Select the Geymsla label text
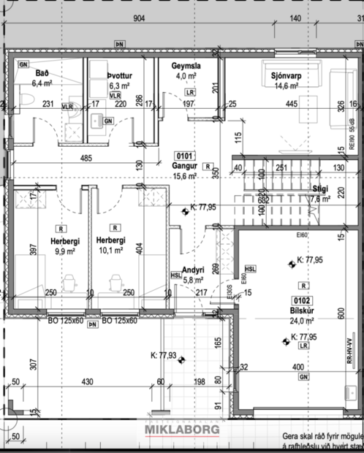pyautogui.click(x=186, y=66)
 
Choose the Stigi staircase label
pyautogui.click(x=319, y=188)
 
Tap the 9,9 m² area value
pyautogui.click(x=49, y=251)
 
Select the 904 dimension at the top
pyautogui.click(x=139, y=20)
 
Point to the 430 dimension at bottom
pyautogui.click(x=87, y=382)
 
